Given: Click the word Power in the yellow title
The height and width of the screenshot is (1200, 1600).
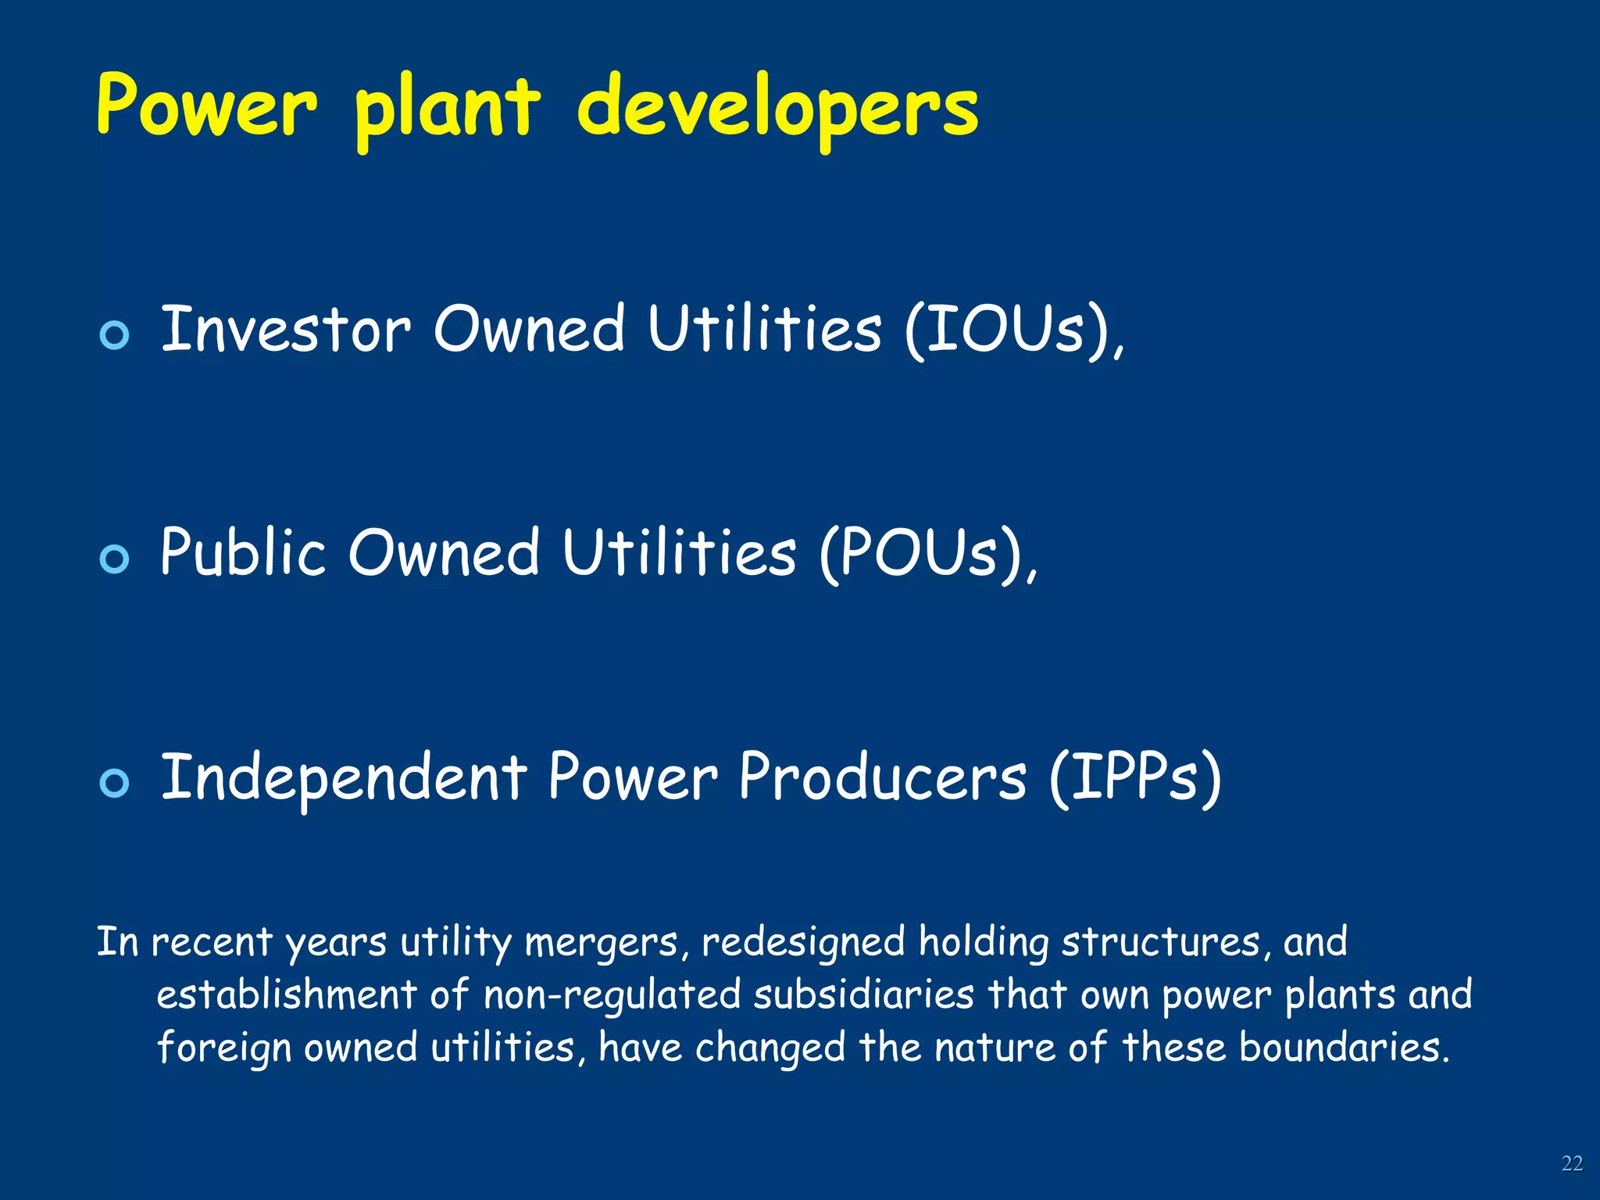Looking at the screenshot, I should click(207, 105).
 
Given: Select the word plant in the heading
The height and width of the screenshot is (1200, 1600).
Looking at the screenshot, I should click(447, 109).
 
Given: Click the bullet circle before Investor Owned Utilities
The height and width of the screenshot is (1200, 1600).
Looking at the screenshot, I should click(115, 335).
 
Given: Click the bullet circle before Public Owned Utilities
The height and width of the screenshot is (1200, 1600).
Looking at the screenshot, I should click(115, 559).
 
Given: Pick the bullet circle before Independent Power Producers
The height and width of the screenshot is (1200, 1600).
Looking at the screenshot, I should click(115, 783).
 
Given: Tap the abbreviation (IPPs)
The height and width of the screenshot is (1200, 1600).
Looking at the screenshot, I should click(1134, 778).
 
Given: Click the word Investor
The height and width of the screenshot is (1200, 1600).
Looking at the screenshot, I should click(285, 330).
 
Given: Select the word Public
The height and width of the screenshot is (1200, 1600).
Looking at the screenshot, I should click(242, 553).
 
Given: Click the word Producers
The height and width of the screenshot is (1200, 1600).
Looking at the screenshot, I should click(883, 777).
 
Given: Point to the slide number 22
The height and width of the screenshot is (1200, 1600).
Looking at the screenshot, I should click(1572, 1163).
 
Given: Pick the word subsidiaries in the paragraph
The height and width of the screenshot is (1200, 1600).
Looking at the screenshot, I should click(864, 995).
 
